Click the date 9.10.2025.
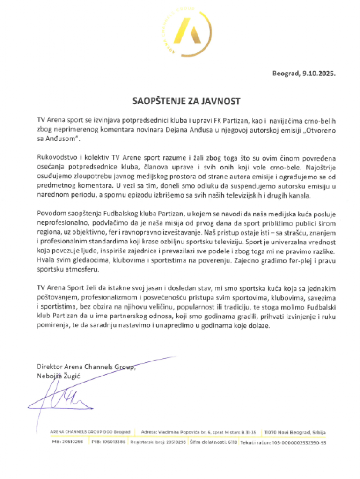point(320,74)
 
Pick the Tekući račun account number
point(283,442)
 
